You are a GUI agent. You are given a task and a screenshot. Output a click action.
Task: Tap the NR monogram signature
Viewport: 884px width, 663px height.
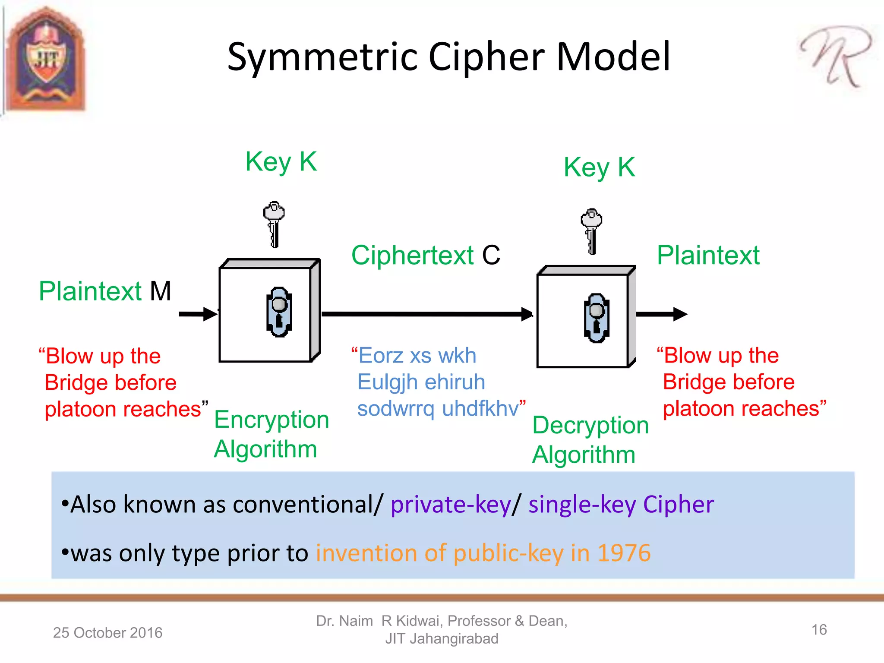click(835, 56)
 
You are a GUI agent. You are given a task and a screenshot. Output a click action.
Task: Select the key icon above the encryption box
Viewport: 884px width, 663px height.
click(274, 224)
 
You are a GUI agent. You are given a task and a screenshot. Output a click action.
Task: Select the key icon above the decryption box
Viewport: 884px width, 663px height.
click(591, 231)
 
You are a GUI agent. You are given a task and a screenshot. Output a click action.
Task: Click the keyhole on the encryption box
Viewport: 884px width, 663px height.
click(279, 312)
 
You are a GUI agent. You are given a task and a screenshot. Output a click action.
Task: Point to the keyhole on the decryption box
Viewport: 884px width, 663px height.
click(597, 318)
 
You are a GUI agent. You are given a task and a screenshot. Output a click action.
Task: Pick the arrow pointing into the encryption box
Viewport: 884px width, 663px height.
click(198, 314)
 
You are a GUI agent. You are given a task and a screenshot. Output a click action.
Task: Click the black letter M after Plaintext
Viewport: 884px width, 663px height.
click(161, 291)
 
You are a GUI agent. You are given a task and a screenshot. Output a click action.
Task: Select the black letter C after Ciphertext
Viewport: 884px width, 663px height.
click(491, 255)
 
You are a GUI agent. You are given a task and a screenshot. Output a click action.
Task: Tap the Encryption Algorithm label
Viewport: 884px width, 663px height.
click(271, 434)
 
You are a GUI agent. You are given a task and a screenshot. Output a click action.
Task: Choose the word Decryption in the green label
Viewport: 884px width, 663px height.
click(590, 426)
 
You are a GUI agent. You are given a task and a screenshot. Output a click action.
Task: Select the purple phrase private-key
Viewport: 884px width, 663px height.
click(451, 504)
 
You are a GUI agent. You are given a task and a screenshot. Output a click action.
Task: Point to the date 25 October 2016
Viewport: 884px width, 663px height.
click(107, 632)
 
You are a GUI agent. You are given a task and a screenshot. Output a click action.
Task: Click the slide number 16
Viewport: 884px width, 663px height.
click(819, 630)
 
